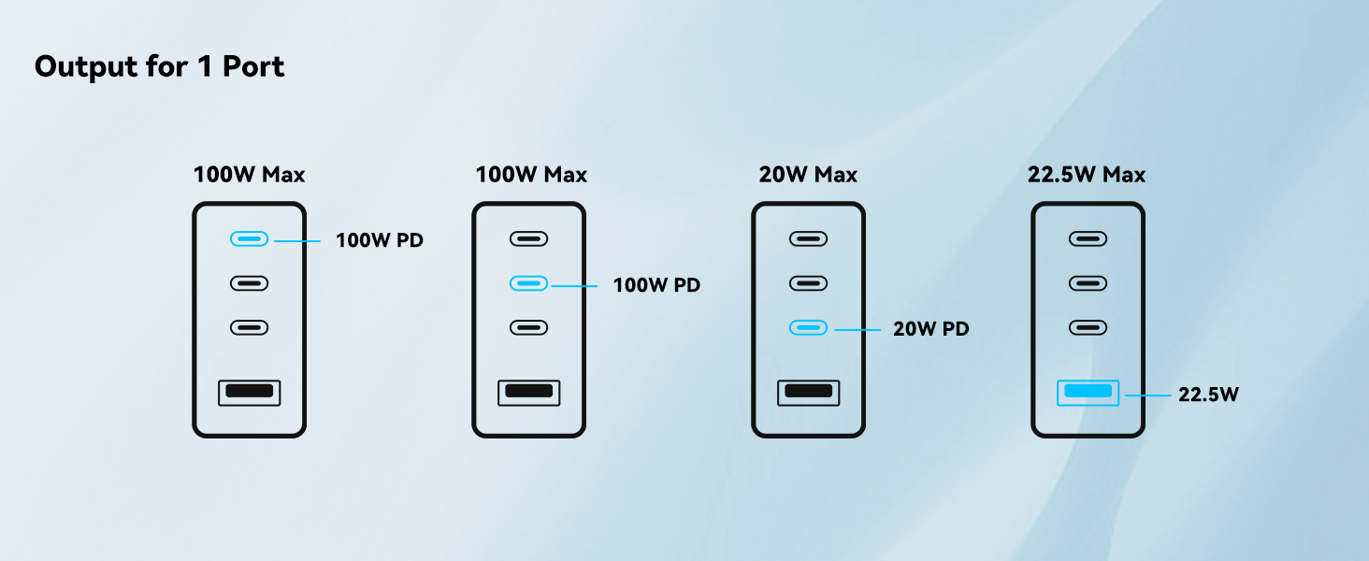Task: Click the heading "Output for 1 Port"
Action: tap(159, 67)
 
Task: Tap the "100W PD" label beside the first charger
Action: tap(380, 240)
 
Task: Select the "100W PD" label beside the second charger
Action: tap(656, 285)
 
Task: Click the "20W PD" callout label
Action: tap(930, 328)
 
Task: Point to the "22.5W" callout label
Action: tap(1208, 395)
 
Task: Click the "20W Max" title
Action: tap(808, 175)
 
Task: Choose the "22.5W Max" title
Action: tap(1086, 175)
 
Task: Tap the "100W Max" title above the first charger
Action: tap(249, 175)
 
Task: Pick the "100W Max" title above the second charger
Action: tap(531, 175)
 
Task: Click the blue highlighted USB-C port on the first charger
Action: tap(249, 239)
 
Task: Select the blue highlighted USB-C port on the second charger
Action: tap(528, 282)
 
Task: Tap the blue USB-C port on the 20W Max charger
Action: tap(808, 327)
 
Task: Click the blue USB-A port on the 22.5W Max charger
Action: tap(1088, 392)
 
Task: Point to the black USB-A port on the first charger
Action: tap(249, 392)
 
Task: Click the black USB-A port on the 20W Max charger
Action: tap(808, 392)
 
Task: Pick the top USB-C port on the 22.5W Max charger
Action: tap(1088, 239)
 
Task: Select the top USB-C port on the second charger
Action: tap(528, 239)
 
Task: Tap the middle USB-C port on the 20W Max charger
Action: tap(808, 282)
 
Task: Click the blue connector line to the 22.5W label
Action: tap(1147, 396)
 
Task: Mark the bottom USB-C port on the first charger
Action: tap(249, 327)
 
